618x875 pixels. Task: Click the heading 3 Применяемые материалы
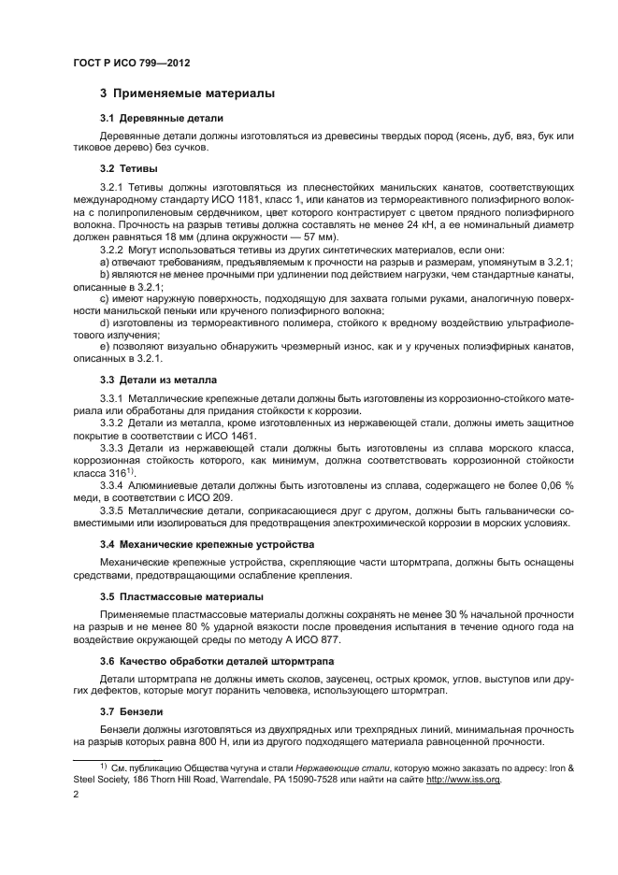pos(187,93)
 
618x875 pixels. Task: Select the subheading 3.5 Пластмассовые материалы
pos(181,595)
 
